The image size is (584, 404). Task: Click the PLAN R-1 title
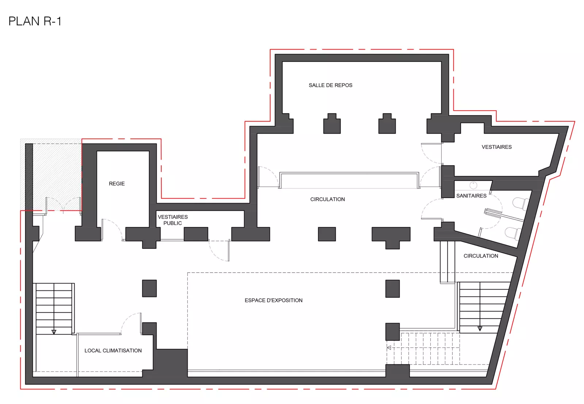[35, 21]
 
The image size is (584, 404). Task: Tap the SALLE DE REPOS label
[330, 85]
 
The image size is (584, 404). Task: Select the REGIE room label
[117, 184]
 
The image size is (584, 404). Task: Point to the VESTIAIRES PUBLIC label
[173, 220]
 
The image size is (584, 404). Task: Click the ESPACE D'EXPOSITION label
[273, 300]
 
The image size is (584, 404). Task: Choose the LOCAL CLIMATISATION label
[113, 351]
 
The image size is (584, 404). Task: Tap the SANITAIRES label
[471, 196]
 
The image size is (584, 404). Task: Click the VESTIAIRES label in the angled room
[496, 147]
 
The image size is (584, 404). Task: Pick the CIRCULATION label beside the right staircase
[481, 256]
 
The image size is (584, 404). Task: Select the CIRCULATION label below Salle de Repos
[327, 199]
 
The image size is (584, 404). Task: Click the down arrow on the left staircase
[54, 332]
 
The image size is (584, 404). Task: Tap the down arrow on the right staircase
[480, 329]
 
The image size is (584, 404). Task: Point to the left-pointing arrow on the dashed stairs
[389, 348]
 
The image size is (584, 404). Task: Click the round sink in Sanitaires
[473, 185]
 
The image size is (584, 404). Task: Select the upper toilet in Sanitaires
[520, 204]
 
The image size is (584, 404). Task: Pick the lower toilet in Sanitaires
[513, 233]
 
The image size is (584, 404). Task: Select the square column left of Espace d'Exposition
[149, 288]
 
